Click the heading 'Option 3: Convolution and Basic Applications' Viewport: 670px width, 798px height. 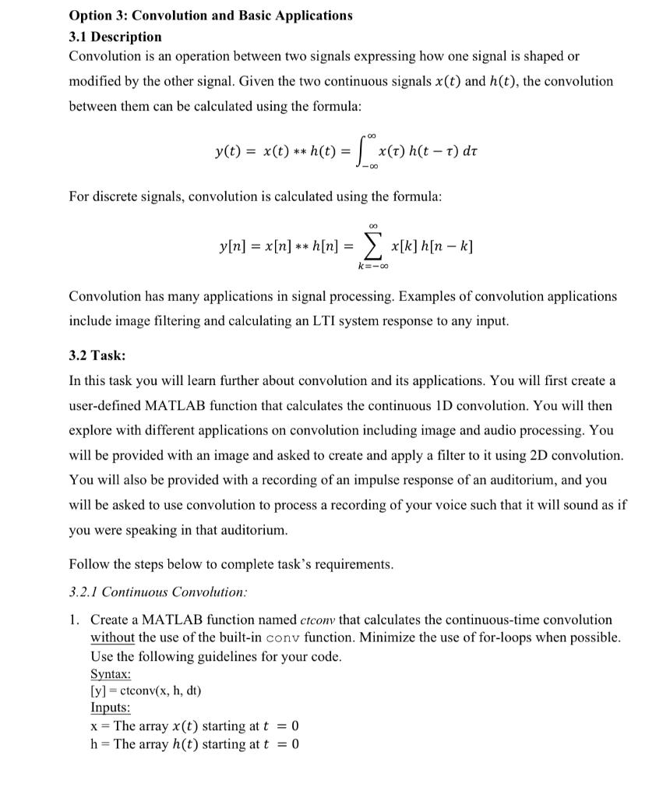click(x=210, y=16)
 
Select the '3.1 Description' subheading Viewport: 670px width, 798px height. click(x=115, y=37)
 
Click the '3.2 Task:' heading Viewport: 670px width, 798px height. click(x=97, y=355)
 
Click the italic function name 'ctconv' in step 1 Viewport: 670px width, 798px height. click(x=317, y=620)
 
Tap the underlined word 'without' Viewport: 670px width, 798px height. click(x=112, y=638)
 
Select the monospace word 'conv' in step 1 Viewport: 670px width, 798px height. click(x=282, y=638)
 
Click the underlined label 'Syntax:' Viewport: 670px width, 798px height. click(x=111, y=673)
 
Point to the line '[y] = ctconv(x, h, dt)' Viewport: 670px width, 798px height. click(x=146, y=690)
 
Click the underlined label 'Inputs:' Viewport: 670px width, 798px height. click(x=111, y=708)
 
